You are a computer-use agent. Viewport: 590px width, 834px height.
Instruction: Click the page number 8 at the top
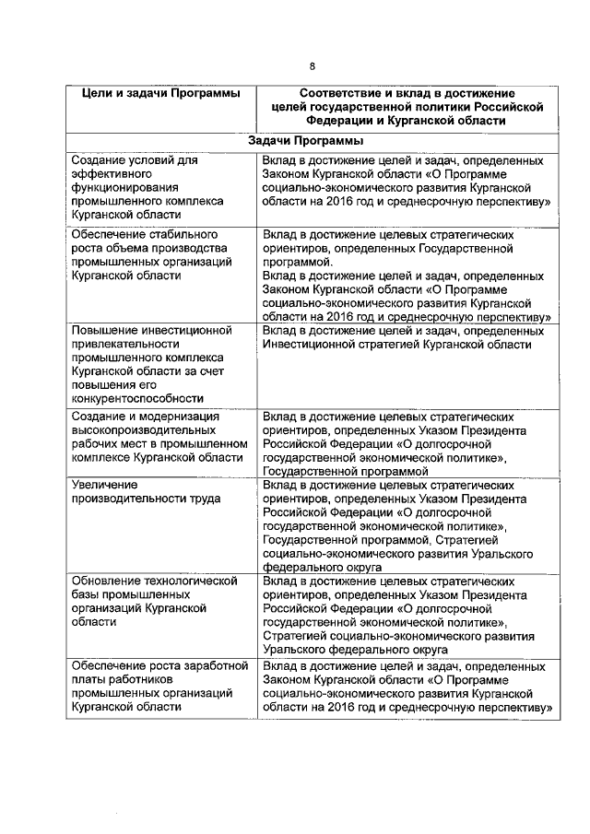click(312, 65)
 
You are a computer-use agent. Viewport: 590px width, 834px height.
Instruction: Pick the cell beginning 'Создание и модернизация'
click(157, 437)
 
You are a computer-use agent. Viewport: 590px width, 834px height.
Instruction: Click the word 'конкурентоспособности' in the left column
click(135, 398)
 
